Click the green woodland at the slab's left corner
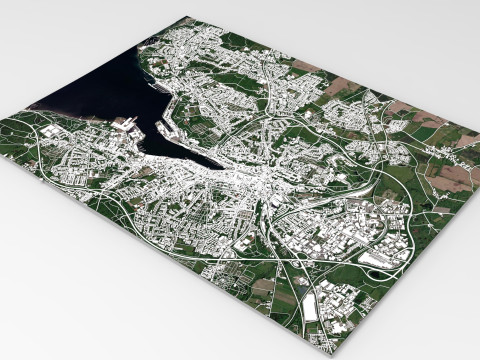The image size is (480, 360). tap(20, 140)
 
